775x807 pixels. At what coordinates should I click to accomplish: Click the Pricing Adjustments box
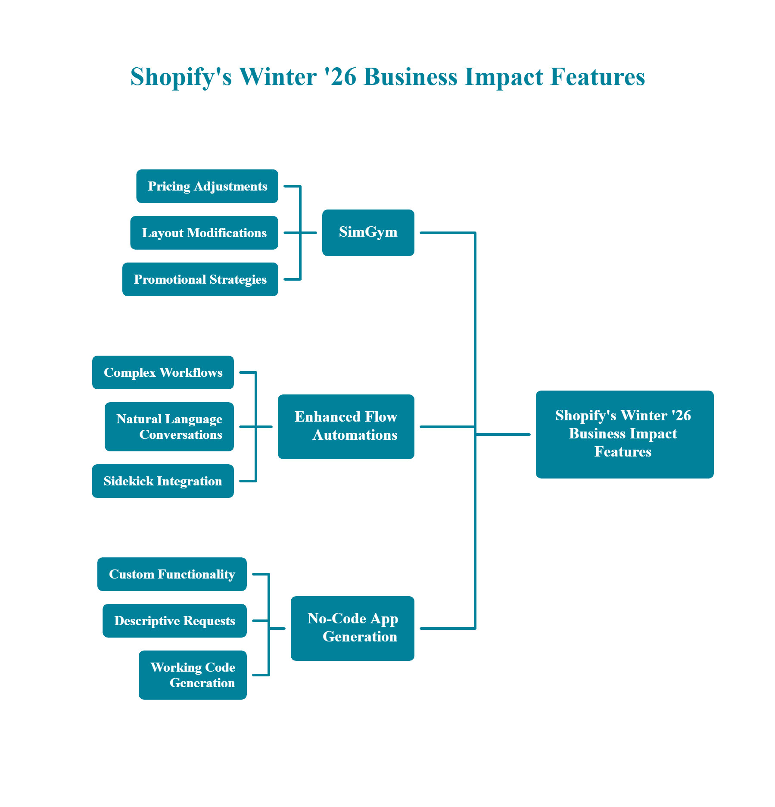(207, 186)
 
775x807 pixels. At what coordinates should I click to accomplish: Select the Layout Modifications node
(204, 233)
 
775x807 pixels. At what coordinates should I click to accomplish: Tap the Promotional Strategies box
(200, 279)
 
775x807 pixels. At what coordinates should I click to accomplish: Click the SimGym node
(368, 233)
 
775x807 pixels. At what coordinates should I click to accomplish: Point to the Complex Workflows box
(163, 372)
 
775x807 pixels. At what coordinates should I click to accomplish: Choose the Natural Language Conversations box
(169, 427)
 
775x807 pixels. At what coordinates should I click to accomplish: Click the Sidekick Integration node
(163, 481)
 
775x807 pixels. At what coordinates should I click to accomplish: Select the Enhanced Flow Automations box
(346, 427)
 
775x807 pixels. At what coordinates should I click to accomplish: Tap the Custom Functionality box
(172, 574)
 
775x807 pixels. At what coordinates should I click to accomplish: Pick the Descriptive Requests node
(174, 621)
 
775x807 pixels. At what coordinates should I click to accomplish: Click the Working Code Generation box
(193, 675)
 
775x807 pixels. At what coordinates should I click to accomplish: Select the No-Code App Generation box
(352, 629)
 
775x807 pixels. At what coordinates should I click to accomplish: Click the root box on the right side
(625, 435)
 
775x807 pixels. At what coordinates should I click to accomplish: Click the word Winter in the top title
(278, 77)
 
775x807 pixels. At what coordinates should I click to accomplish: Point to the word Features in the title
(598, 77)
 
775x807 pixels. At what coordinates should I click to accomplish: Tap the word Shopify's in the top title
(181, 77)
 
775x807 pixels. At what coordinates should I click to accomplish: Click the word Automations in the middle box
(355, 435)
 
